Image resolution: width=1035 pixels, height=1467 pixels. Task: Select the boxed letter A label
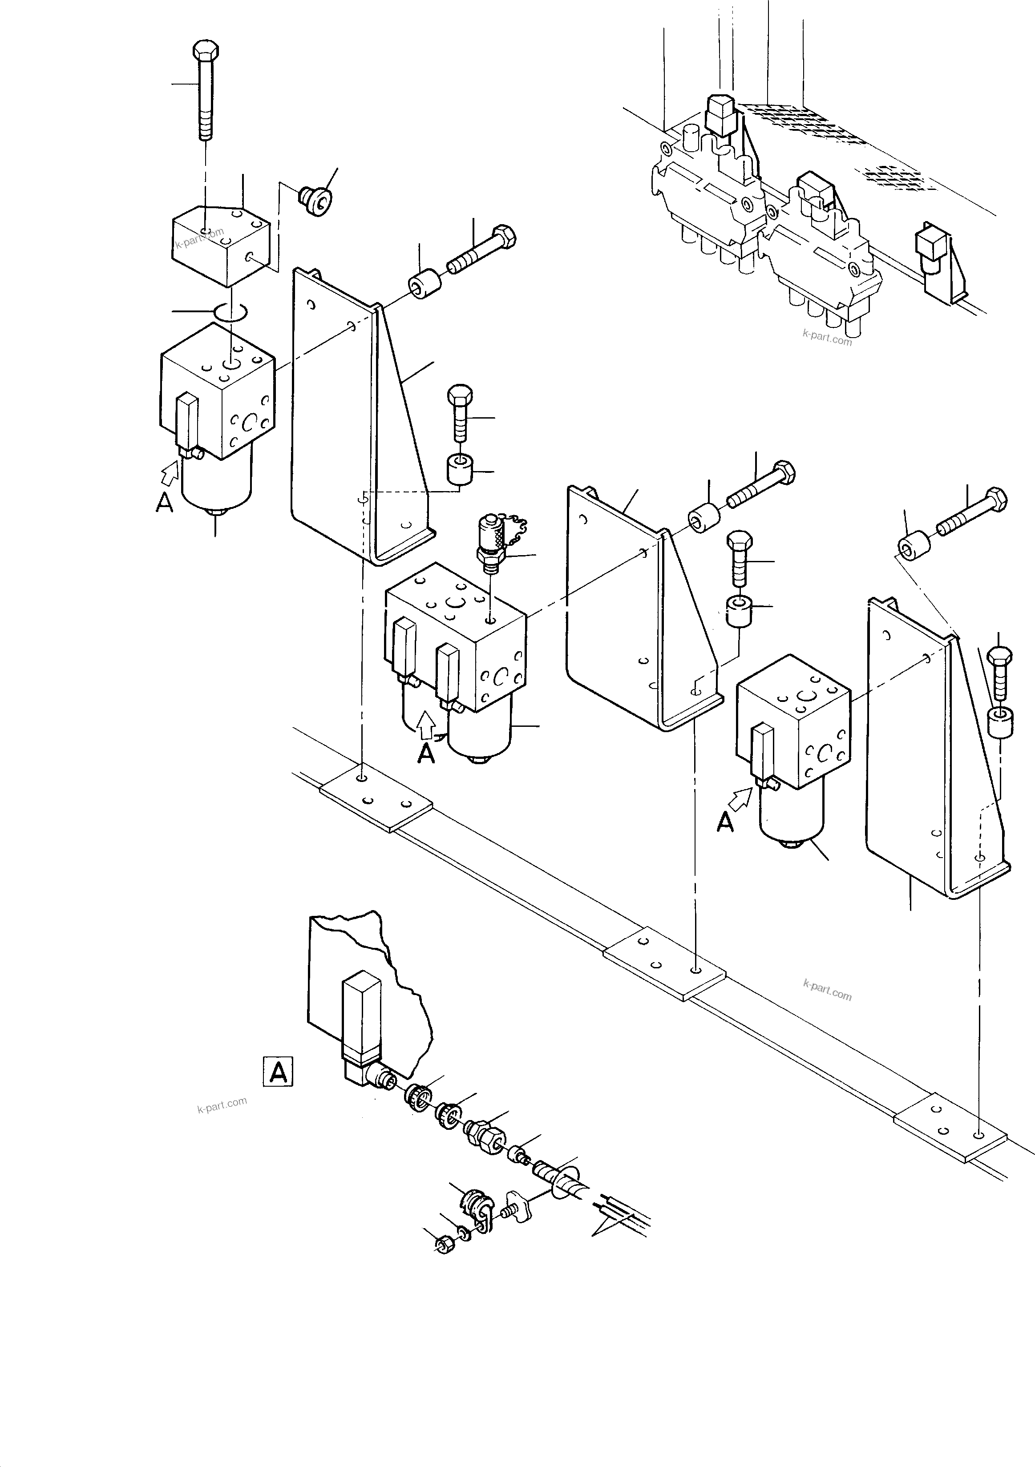[278, 1072]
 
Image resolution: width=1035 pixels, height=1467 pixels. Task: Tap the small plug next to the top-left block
[315, 199]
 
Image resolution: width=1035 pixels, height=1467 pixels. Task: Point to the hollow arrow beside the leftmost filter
[170, 473]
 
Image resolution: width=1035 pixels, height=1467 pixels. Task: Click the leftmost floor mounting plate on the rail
[376, 799]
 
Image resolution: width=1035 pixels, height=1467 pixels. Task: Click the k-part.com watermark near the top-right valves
[827, 336]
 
